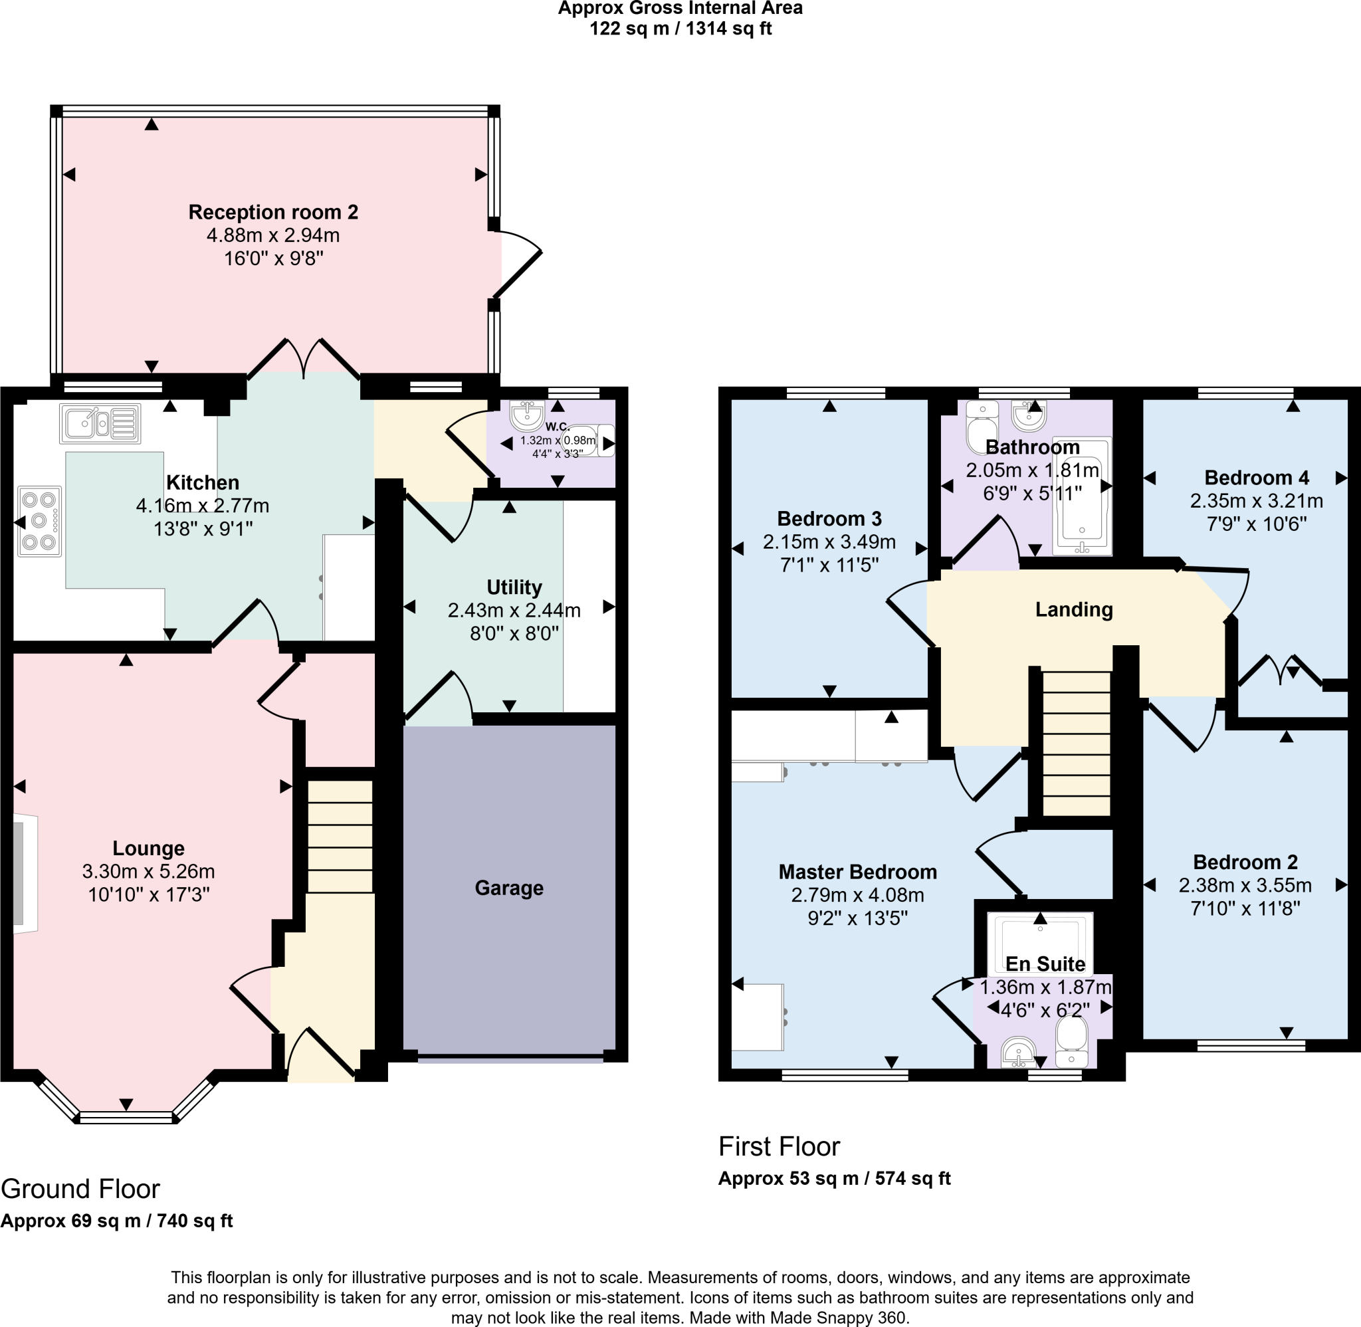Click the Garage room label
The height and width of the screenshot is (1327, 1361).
click(509, 888)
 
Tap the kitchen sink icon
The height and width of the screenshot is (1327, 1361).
click(100, 423)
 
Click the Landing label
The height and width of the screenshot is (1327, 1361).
click(1073, 610)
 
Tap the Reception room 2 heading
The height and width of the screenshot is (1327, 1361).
click(273, 212)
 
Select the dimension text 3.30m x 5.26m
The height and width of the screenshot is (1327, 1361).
click(148, 871)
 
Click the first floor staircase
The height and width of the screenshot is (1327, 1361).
click(1076, 742)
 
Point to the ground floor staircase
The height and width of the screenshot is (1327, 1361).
click(340, 837)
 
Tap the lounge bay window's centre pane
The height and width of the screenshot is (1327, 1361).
click(126, 1118)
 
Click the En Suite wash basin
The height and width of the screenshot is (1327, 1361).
click(1018, 1051)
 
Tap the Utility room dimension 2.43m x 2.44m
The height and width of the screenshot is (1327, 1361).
click(514, 611)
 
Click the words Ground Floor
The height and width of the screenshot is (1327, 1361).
click(80, 1189)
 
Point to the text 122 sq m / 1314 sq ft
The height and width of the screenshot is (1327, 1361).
click(680, 29)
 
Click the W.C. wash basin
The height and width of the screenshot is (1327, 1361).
click(527, 415)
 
